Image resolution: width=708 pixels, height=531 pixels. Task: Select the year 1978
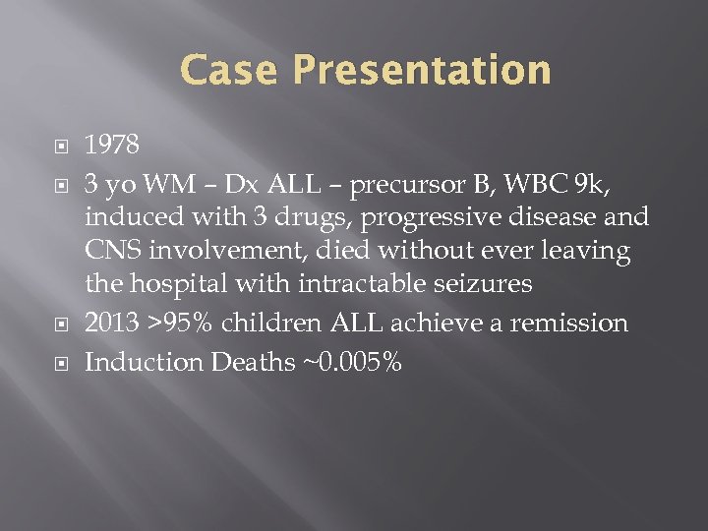point(112,146)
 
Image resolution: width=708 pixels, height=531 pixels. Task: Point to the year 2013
point(112,324)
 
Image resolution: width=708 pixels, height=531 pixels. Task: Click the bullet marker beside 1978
point(58,147)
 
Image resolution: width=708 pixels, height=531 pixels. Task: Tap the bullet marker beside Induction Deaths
point(58,363)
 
